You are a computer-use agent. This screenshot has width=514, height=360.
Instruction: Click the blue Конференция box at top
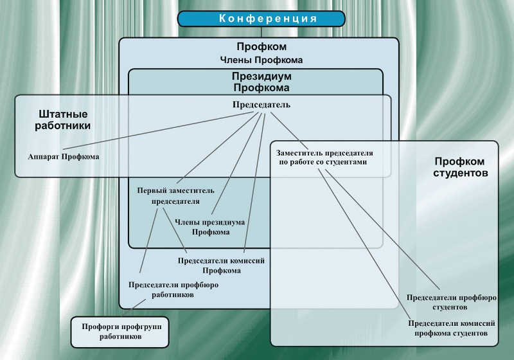(x=260, y=19)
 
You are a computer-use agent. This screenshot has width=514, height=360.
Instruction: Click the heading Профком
(x=261, y=47)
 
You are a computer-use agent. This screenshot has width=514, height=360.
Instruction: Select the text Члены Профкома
(x=261, y=60)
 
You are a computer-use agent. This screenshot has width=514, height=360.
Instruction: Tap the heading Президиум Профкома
(x=261, y=82)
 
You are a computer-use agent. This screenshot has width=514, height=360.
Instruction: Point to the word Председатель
(x=261, y=105)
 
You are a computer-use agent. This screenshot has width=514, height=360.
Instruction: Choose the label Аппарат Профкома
(x=64, y=156)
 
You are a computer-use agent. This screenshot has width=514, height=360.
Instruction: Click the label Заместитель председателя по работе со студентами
(x=324, y=158)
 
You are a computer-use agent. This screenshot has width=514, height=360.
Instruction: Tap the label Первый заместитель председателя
(x=175, y=195)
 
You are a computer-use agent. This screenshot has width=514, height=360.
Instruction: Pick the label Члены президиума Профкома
(x=210, y=226)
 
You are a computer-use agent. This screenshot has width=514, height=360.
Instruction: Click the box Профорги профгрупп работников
(x=120, y=330)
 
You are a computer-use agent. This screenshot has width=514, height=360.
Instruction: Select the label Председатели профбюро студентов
(x=452, y=302)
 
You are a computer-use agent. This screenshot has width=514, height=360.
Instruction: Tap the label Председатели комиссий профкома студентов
(x=452, y=328)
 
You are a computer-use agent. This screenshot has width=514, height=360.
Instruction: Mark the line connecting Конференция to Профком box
(x=260, y=32)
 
